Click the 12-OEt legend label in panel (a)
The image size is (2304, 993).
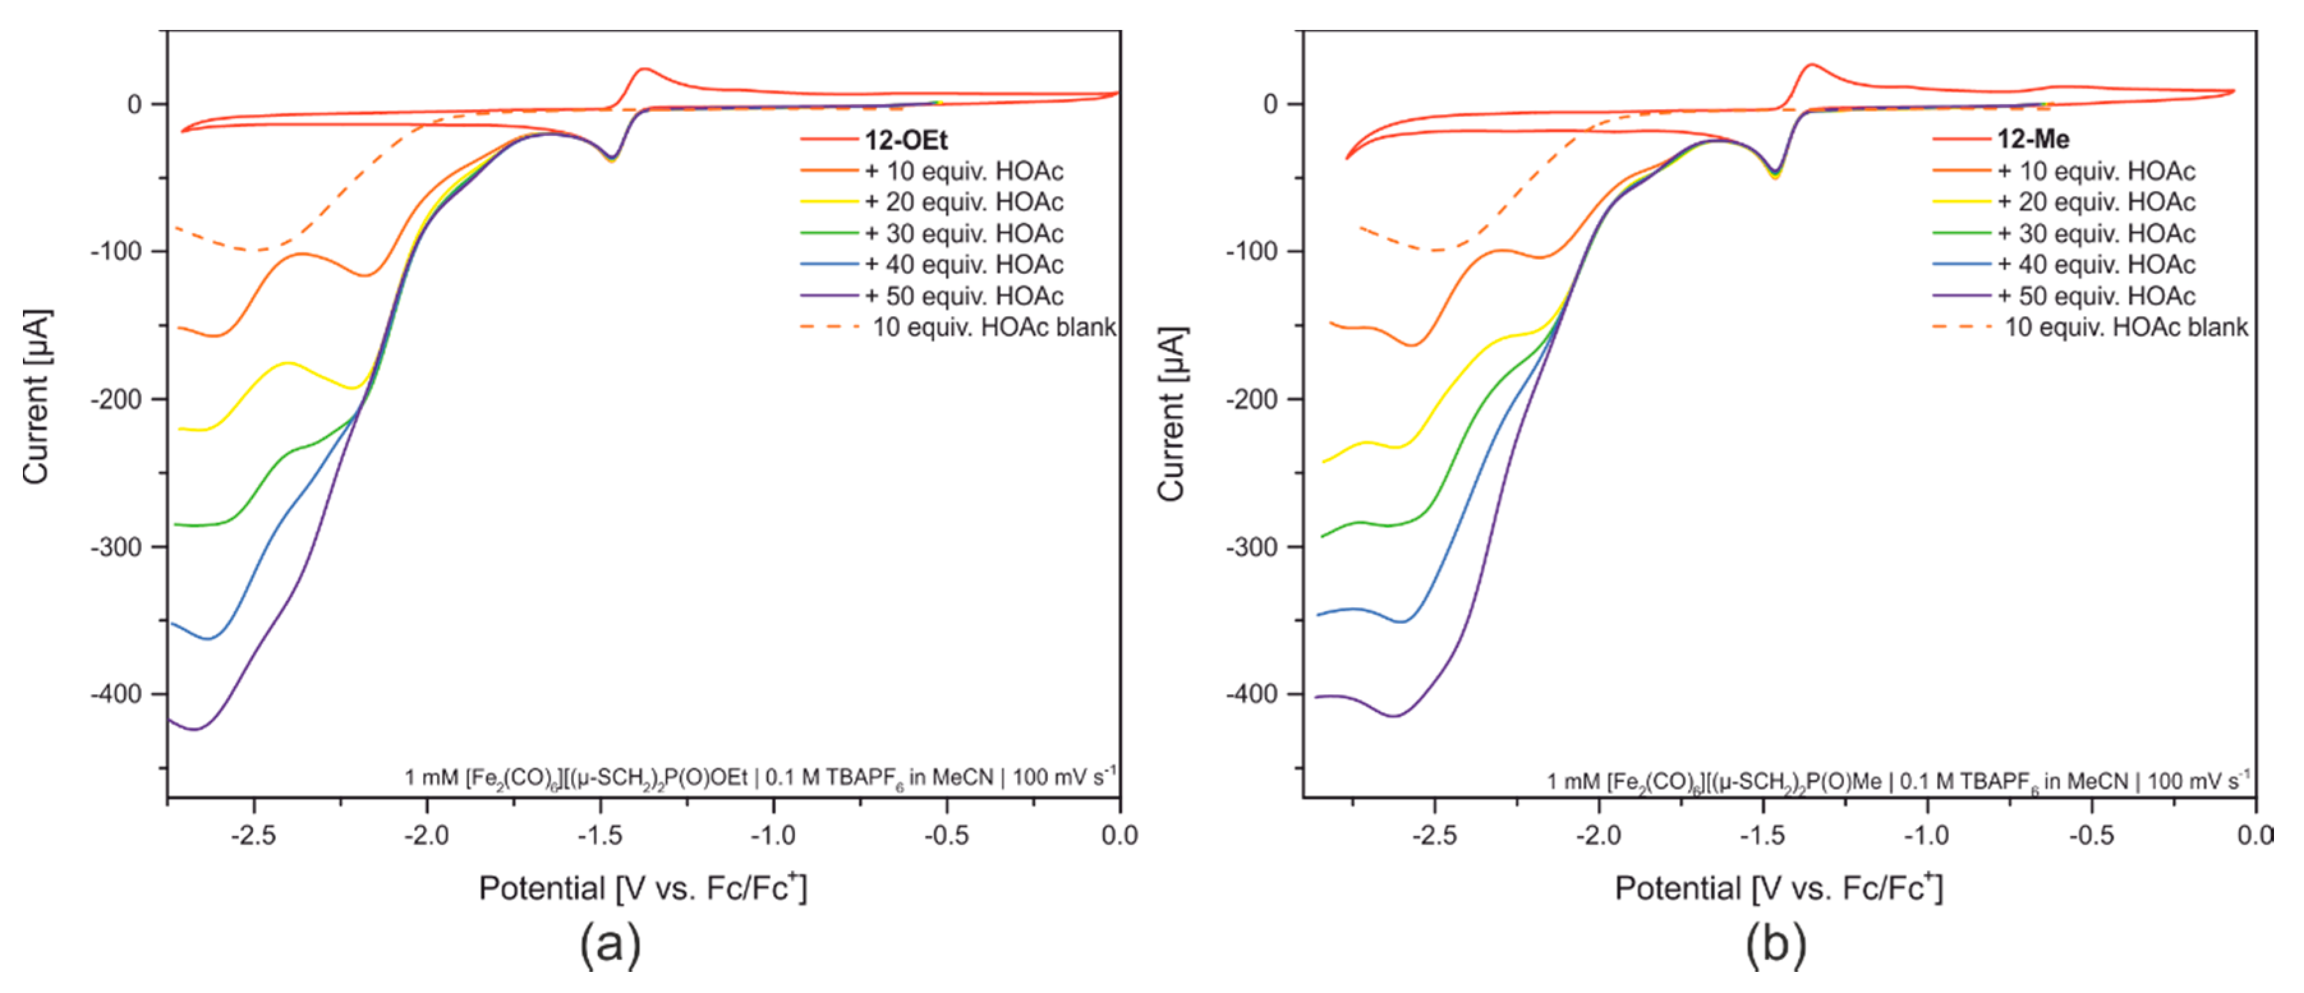pyautogui.click(x=905, y=140)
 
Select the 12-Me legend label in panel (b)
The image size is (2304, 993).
pyautogui.click(x=2033, y=139)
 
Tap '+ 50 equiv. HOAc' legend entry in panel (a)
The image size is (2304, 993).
pyautogui.click(x=964, y=296)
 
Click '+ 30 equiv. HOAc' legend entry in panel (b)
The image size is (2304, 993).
pyautogui.click(x=2096, y=233)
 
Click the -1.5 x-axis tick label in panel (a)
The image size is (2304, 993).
pyautogui.click(x=599, y=836)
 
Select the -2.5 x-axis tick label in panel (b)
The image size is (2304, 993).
pyautogui.click(x=1434, y=836)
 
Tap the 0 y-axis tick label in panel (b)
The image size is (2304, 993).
pyautogui.click(x=1270, y=105)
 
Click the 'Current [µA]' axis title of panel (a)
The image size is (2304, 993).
pyautogui.click(x=36, y=398)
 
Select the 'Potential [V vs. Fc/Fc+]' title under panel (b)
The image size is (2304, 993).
pyautogui.click(x=1778, y=888)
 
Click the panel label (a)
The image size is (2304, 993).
pyautogui.click(x=610, y=944)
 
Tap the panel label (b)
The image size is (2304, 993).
pyautogui.click(x=1776, y=944)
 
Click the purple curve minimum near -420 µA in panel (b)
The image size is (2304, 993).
pyautogui.click(x=1394, y=716)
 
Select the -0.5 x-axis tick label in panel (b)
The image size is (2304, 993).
pyautogui.click(x=2091, y=836)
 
